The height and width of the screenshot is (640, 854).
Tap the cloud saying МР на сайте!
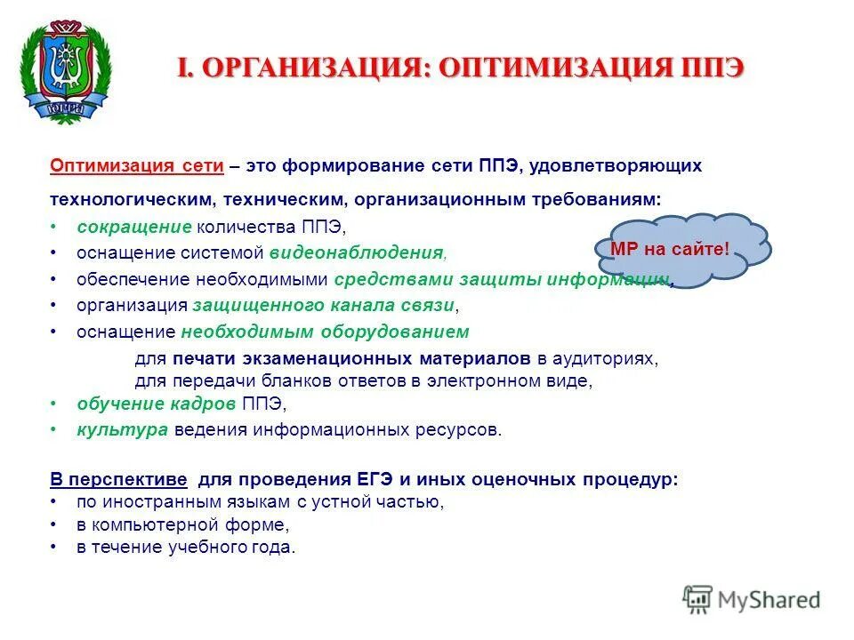click(x=670, y=250)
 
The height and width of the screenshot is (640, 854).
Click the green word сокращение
click(x=133, y=227)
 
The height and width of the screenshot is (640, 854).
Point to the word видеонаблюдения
click(x=356, y=253)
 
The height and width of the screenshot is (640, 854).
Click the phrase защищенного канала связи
click(x=324, y=305)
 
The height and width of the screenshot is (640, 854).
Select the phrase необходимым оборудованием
click(x=325, y=332)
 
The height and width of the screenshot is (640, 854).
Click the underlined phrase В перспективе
click(x=118, y=479)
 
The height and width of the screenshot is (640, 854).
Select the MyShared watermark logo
click(x=752, y=600)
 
